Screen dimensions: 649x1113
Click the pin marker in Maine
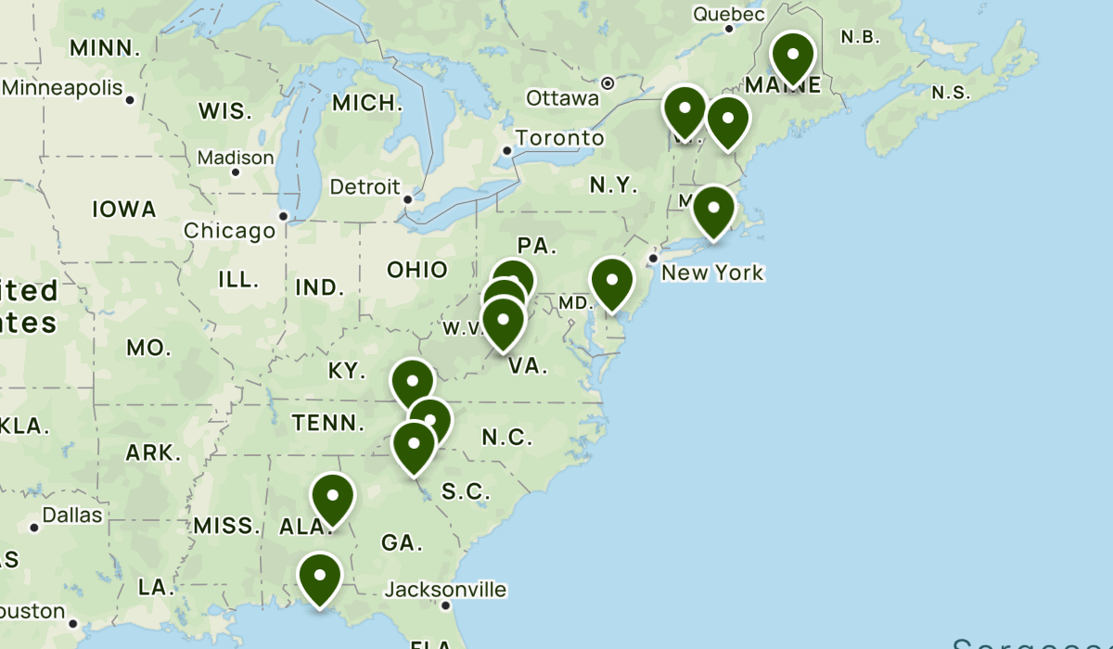[x=793, y=57]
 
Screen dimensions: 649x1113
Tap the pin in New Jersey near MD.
[x=612, y=282]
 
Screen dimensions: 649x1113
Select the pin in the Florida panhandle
[x=320, y=577]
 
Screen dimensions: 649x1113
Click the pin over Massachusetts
[x=713, y=210]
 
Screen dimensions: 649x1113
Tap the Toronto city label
[x=559, y=138]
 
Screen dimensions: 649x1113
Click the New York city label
[x=712, y=273]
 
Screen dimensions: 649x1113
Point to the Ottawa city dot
[x=608, y=83]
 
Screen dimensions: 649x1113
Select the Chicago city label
[x=229, y=230]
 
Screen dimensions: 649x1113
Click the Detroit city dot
[x=407, y=199]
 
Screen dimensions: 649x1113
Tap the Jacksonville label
[x=446, y=590]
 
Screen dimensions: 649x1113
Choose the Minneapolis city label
[x=63, y=88]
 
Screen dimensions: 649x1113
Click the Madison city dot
[x=236, y=172]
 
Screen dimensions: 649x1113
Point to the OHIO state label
[x=417, y=270]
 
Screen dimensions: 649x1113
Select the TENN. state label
[x=328, y=424]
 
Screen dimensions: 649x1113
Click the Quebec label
[x=729, y=14]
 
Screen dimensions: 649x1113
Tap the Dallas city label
[x=72, y=515]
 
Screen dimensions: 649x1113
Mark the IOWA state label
[x=124, y=210]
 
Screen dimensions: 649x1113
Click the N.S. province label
[x=951, y=93]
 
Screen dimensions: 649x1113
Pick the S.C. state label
[x=466, y=491]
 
